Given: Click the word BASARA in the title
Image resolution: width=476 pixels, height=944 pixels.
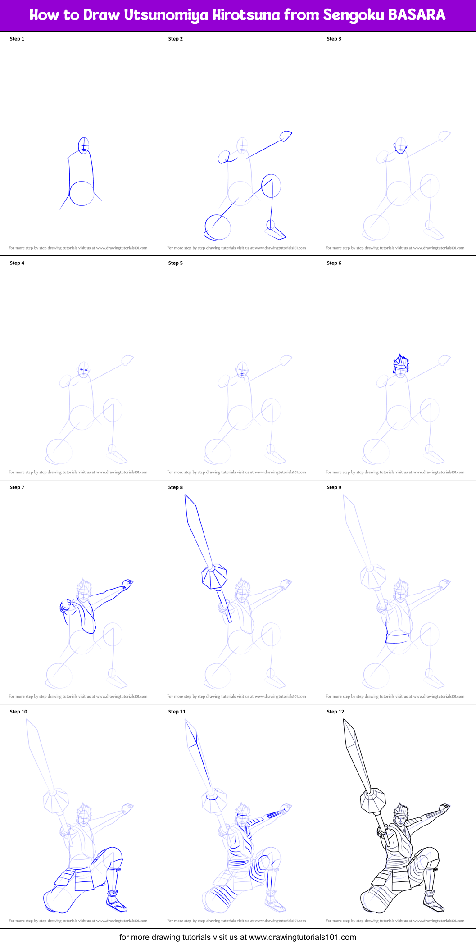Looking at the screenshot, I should tap(417, 15).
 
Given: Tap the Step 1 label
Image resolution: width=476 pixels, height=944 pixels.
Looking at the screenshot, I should tap(17, 39).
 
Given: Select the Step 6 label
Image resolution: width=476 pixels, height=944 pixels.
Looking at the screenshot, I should tap(334, 263).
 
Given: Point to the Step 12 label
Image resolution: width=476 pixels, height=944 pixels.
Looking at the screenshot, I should tap(335, 712).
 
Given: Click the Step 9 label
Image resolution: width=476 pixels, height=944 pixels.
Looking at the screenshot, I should tap(334, 487).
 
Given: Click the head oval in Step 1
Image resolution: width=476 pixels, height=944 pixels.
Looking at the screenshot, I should tap(83, 145).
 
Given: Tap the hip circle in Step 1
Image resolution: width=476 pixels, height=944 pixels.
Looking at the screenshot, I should tap(82, 193).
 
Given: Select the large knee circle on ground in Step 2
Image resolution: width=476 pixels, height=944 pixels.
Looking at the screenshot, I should tap(218, 227).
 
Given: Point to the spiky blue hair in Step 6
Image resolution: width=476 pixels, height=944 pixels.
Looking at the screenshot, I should tap(400, 362).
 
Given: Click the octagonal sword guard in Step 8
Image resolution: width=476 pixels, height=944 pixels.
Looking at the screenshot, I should tap(214, 577).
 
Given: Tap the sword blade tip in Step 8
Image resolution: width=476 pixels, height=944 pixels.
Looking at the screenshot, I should tap(186, 498).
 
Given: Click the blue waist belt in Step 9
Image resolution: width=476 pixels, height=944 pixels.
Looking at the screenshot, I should tap(398, 638).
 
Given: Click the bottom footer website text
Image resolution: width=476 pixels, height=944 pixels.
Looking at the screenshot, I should tap(238, 937).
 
